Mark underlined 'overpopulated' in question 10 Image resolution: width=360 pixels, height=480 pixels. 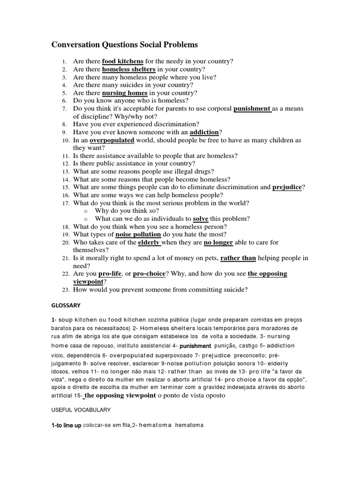click(x=112, y=140)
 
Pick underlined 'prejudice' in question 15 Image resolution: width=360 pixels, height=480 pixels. click(x=287, y=187)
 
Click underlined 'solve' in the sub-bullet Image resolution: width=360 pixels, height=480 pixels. click(x=201, y=219)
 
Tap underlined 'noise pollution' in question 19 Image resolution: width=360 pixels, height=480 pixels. click(x=138, y=234)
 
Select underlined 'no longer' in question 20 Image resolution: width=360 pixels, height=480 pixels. click(x=217, y=242)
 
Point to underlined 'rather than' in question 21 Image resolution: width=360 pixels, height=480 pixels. click(x=238, y=258)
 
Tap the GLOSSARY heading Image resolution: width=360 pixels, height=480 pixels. click(x=66, y=305)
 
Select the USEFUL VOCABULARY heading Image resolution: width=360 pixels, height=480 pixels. click(x=81, y=410)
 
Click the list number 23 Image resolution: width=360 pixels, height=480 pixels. click(x=65, y=290)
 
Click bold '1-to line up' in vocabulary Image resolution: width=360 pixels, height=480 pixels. click(x=66, y=425)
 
